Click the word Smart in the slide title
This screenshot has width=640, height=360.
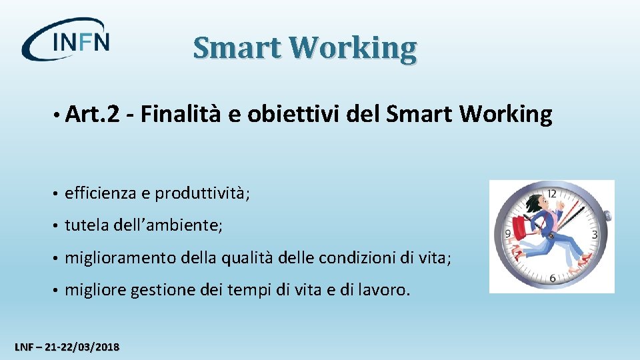click(x=237, y=48)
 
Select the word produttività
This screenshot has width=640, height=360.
click(x=201, y=193)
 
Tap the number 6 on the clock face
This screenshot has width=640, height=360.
click(x=553, y=277)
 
